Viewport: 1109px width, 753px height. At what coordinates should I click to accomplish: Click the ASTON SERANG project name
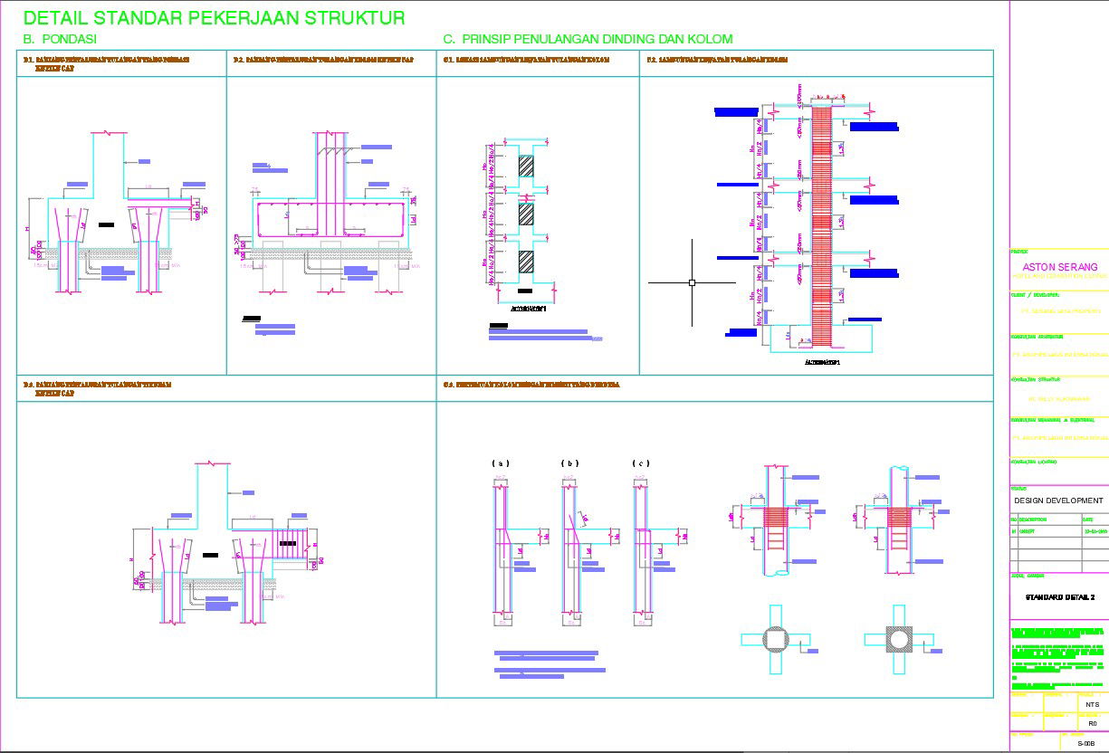click(x=1059, y=267)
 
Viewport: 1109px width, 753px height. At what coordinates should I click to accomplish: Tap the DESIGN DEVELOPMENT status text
click(x=1058, y=500)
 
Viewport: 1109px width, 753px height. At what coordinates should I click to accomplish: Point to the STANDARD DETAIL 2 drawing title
click(x=1059, y=597)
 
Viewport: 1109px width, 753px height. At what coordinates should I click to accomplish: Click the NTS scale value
click(x=1092, y=704)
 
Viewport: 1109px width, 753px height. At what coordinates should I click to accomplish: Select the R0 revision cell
click(x=1092, y=723)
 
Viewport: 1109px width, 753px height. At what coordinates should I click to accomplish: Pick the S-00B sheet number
click(x=1086, y=743)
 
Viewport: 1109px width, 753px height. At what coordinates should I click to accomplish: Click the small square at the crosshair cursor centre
click(x=693, y=282)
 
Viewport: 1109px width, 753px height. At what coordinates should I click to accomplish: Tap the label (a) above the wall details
click(x=501, y=463)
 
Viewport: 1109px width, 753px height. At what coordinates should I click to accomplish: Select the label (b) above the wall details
click(x=569, y=463)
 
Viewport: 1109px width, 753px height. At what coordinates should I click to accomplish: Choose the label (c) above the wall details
click(x=640, y=463)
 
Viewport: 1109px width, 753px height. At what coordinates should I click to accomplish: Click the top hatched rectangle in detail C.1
click(x=526, y=166)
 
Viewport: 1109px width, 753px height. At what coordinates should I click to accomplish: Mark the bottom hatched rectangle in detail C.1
click(x=526, y=262)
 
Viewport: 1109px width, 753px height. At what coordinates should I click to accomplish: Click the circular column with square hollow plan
click(x=775, y=639)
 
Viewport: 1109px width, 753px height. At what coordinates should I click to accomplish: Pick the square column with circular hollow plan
click(x=898, y=639)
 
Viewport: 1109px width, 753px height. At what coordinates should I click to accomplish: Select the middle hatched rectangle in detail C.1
click(x=526, y=214)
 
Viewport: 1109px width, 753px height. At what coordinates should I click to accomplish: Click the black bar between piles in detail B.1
click(x=107, y=224)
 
